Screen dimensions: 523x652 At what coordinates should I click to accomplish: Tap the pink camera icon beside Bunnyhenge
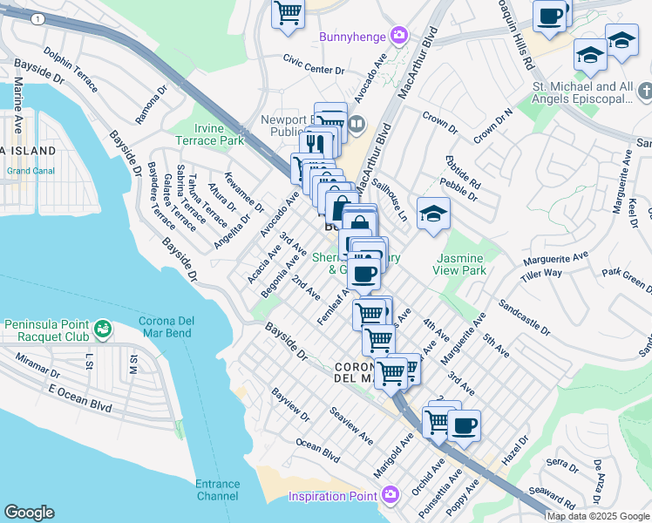click(399, 36)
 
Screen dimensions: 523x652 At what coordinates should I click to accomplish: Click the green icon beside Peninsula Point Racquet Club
click(103, 329)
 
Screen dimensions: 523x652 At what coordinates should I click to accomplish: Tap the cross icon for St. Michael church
click(644, 92)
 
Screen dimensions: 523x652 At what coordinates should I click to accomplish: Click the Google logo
click(29, 513)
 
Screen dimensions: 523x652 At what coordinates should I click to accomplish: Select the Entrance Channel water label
click(217, 490)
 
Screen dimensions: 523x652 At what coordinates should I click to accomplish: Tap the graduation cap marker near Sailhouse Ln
click(433, 214)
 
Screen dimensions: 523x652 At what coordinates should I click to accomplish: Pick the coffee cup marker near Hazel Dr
click(464, 426)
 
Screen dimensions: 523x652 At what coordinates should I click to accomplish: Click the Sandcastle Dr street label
click(524, 318)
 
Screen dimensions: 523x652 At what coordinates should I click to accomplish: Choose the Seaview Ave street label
click(351, 422)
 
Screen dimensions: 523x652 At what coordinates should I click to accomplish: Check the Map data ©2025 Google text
click(598, 516)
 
